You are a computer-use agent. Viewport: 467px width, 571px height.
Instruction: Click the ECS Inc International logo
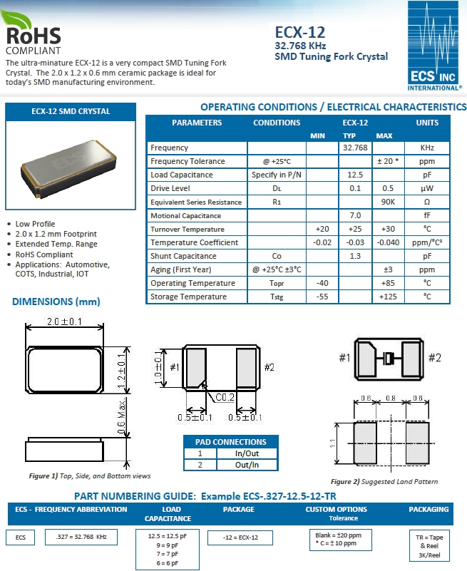click(434, 46)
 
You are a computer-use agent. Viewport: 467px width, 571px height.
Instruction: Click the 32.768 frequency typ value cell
click(354, 148)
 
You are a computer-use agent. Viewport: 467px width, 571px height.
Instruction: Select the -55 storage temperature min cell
click(322, 297)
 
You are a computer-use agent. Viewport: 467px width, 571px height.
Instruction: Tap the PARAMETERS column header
click(197, 123)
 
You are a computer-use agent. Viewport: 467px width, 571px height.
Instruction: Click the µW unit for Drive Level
click(427, 188)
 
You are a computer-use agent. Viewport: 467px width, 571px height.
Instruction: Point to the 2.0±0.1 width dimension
click(65, 322)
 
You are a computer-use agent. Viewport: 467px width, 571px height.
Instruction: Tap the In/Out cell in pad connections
click(247, 453)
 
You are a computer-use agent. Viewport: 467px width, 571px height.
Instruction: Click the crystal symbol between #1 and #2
click(389, 358)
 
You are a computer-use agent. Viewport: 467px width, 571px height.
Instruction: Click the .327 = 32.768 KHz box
click(81, 537)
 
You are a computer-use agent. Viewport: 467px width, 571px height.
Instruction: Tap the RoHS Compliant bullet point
click(44, 254)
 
